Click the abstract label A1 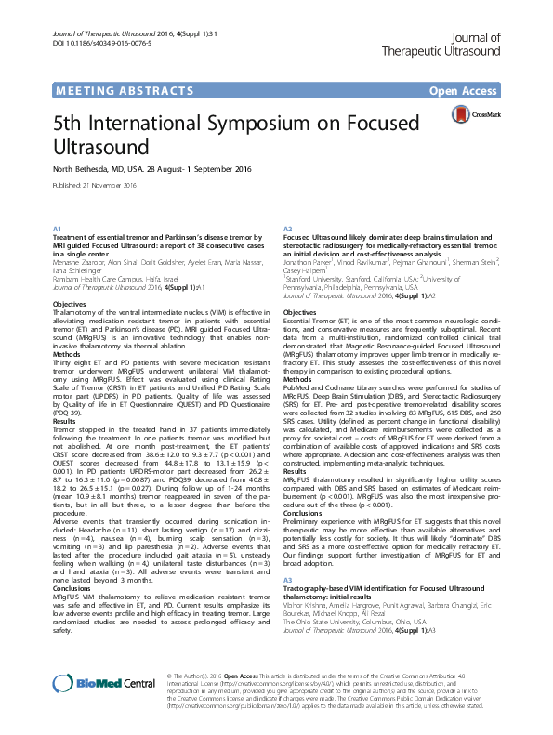click(57, 229)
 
